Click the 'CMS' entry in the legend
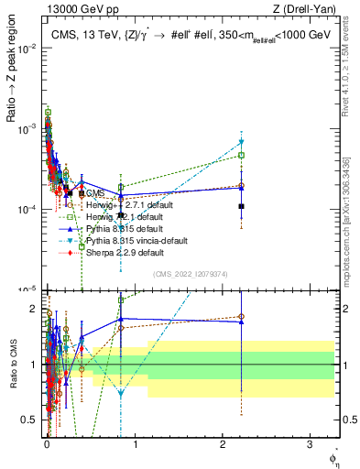coord(96,194)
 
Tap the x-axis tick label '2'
coord(223,442)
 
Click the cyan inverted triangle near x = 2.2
coord(241,142)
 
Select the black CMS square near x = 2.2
coord(241,206)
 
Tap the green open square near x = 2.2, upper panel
coord(241,155)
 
